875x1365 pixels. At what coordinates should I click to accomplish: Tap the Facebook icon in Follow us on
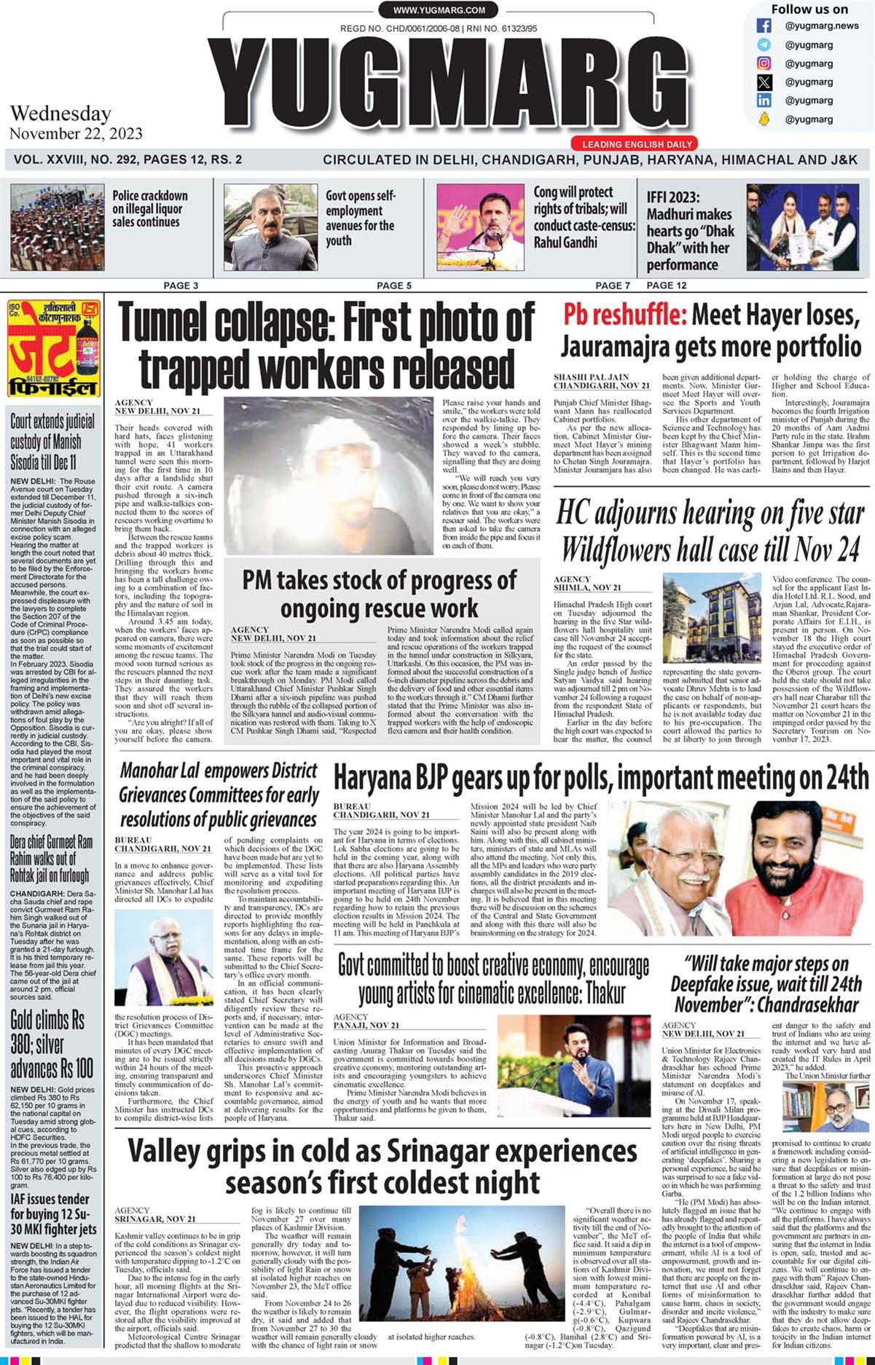[764, 26]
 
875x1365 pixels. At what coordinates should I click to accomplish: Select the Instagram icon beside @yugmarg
[764, 63]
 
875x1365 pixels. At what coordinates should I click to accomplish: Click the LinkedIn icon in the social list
[764, 101]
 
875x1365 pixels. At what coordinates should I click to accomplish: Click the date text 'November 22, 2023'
[76, 134]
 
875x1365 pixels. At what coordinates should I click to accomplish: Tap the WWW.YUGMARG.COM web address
[439, 10]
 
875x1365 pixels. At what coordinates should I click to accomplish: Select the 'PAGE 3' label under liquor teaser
[181, 286]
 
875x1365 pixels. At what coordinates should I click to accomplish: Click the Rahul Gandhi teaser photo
[480, 227]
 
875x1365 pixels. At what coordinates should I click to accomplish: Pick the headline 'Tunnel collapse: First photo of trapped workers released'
[326, 345]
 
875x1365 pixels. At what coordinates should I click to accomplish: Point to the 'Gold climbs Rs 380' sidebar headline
[52, 1044]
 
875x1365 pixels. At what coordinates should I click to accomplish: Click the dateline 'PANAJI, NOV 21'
[366, 1026]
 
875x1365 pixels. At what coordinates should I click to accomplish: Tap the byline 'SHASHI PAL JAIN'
[590, 377]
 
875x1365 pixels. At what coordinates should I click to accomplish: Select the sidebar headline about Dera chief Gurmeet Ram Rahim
[51, 858]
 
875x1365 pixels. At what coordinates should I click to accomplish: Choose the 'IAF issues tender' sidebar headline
[53, 1213]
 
